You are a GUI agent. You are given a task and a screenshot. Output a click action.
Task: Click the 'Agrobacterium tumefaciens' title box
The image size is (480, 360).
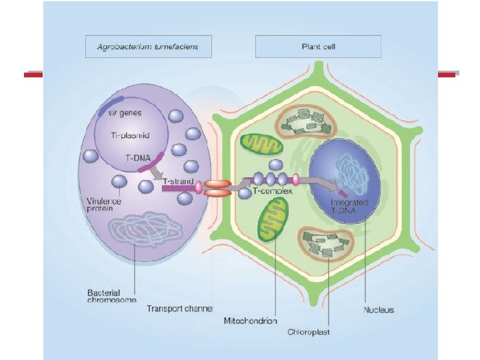pos(148,47)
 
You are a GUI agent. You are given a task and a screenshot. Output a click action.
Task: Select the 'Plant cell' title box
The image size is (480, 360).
pos(318,47)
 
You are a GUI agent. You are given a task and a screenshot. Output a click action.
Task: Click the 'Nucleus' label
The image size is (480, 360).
pos(379,309)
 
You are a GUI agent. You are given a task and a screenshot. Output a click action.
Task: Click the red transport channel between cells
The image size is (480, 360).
pos(217,187)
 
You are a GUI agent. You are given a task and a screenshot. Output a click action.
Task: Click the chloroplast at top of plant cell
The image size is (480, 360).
pos(308,121)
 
